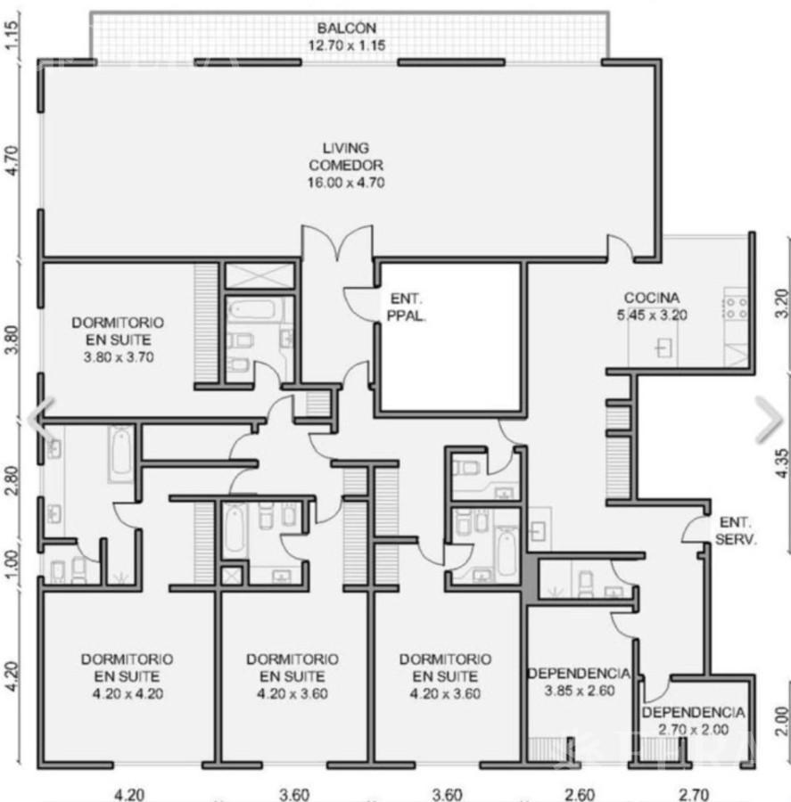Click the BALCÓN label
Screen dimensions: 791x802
click(x=347, y=28)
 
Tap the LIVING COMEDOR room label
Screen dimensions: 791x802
click(x=346, y=157)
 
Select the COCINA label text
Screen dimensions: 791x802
click(x=652, y=297)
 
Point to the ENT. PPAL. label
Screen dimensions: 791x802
click(x=407, y=307)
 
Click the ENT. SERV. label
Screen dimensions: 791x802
click(x=736, y=531)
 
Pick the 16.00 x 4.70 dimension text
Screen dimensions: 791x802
click(x=346, y=183)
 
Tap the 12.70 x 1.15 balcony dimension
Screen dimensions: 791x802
click(x=347, y=45)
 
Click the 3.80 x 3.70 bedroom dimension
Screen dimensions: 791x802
click(x=119, y=357)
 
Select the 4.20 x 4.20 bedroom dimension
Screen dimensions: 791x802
click(x=128, y=694)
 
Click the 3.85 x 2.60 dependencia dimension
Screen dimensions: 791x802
click(x=580, y=691)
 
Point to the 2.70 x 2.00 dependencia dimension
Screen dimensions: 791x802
click(x=693, y=730)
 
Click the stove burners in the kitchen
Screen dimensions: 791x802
click(x=736, y=303)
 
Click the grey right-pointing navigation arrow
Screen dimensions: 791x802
click(x=770, y=420)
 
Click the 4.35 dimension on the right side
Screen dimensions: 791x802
click(x=782, y=463)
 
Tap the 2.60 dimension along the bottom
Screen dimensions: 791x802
click(x=579, y=795)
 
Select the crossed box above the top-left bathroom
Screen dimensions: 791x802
click(x=260, y=276)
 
